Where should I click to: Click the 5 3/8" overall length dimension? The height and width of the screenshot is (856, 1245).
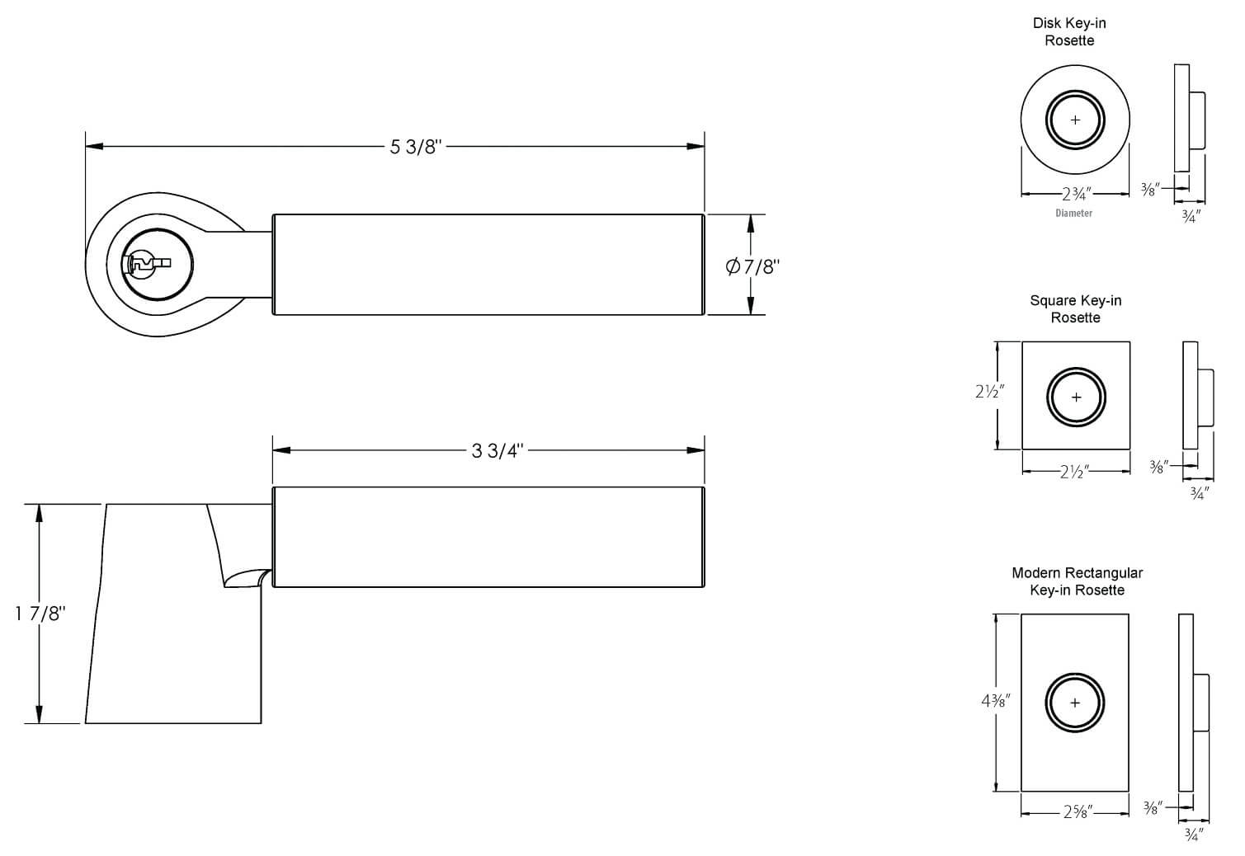(416, 148)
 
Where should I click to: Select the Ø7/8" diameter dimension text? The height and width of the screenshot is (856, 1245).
(752, 266)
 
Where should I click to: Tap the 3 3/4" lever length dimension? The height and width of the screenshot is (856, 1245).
(498, 451)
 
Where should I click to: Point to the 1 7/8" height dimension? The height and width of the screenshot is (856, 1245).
(39, 614)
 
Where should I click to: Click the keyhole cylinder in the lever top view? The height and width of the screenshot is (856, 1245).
(149, 264)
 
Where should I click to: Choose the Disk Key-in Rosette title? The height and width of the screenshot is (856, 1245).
(1069, 31)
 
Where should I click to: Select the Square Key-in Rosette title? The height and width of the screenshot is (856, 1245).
(1075, 308)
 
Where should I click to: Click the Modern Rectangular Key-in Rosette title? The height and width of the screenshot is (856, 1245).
(1077, 581)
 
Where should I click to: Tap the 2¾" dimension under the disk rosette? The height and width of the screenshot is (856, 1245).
(1076, 195)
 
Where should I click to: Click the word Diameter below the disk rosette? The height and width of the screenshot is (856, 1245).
(1073, 213)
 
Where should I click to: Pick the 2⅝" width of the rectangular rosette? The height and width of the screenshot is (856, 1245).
(1077, 812)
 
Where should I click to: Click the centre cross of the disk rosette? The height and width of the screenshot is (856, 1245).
(1075, 120)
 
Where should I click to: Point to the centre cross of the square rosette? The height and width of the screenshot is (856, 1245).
(1076, 397)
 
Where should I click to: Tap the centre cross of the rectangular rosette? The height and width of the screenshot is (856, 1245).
(1075, 703)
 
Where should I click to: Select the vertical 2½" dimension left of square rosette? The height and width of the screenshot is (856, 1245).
(989, 392)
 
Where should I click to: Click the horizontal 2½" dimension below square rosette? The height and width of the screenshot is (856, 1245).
(1075, 472)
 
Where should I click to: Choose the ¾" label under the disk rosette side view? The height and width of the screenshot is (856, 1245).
(1190, 216)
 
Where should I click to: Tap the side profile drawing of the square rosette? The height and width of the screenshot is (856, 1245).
(1196, 397)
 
